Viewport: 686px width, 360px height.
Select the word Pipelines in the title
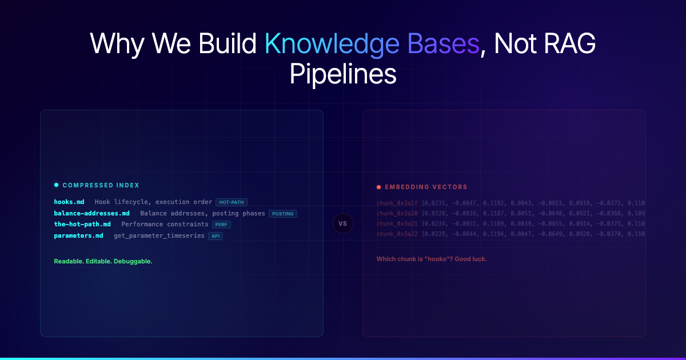[343, 74]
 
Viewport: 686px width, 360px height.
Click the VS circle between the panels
[343, 223]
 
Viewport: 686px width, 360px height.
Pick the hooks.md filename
[69, 202]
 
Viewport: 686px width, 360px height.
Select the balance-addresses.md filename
[91, 213]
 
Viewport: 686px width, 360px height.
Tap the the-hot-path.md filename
[82, 224]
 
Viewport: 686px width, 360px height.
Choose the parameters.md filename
[78, 235]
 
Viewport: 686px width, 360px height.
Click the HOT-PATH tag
[232, 202]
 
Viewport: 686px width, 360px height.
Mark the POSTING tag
[283, 214]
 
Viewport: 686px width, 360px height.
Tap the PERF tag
[221, 225]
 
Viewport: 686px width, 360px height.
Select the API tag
[216, 236]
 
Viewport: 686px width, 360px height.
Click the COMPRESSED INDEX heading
[101, 185]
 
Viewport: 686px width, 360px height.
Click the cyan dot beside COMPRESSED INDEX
[56, 185]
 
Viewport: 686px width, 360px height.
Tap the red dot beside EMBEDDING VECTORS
[378, 187]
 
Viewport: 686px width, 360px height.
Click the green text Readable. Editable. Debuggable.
[103, 261]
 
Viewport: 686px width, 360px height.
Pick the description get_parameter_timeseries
[159, 235]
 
